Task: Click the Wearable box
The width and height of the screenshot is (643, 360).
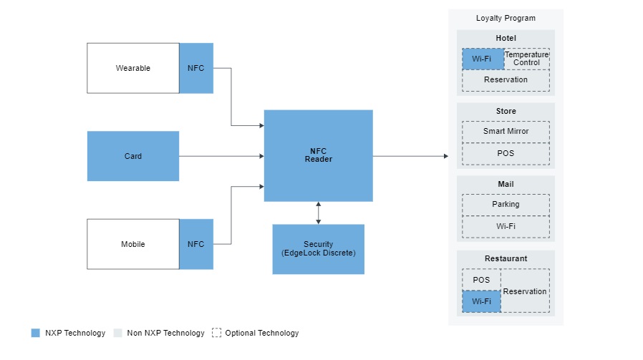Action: point(132,68)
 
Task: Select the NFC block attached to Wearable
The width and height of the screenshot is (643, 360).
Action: point(195,68)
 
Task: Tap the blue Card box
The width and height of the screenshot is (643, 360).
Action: point(132,156)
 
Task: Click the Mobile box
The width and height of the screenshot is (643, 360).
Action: point(132,244)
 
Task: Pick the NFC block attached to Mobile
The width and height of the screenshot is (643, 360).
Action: point(195,244)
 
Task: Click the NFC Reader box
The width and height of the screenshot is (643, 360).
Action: point(318,155)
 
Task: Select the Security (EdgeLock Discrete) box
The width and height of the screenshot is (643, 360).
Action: point(318,249)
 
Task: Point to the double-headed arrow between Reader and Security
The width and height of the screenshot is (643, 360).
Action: point(318,213)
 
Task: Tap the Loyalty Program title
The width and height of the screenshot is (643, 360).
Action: point(506,18)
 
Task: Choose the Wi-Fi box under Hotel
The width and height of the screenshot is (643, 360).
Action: point(483,59)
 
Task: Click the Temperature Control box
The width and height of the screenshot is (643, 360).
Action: point(526,59)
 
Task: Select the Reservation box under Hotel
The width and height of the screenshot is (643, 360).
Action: point(506,80)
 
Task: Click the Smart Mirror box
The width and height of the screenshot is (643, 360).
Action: point(506,132)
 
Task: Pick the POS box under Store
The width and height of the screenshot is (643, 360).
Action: point(506,153)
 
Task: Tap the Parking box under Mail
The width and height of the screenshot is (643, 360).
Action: point(506,205)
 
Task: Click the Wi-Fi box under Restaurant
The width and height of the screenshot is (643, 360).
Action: point(481,301)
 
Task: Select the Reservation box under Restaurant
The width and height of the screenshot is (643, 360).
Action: point(525,291)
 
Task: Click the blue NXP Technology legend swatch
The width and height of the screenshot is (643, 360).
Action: point(36,333)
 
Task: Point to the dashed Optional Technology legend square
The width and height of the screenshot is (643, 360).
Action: point(216,333)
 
